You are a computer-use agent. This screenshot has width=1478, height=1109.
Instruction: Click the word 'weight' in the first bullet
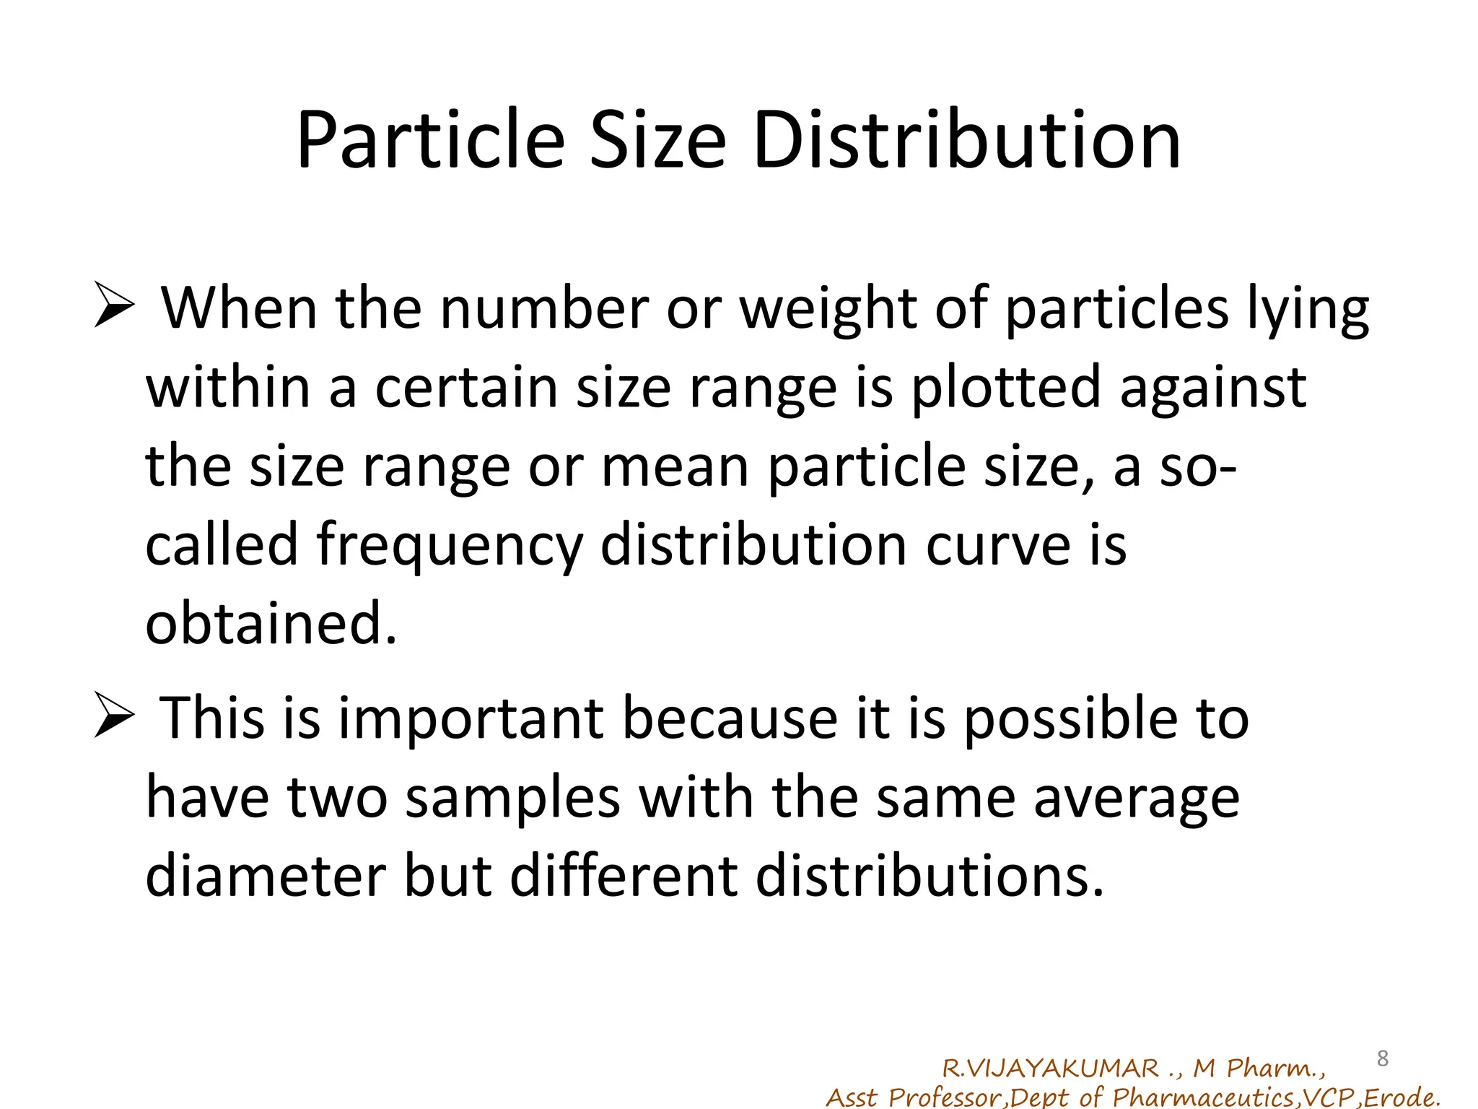pyautogui.click(x=828, y=310)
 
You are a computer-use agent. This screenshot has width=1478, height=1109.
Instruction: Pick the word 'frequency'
pyautogui.click(x=450, y=546)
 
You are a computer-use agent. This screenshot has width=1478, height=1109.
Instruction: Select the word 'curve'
pyautogui.click(x=998, y=546)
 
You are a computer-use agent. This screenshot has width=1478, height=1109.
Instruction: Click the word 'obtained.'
pyautogui.click(x=271, y=623)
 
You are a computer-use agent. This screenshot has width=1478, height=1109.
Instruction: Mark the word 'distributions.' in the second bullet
pyautogui.click(x=930, y=877)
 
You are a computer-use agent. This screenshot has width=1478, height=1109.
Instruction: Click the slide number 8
pyautogui.click(x=1383, y=1058)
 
